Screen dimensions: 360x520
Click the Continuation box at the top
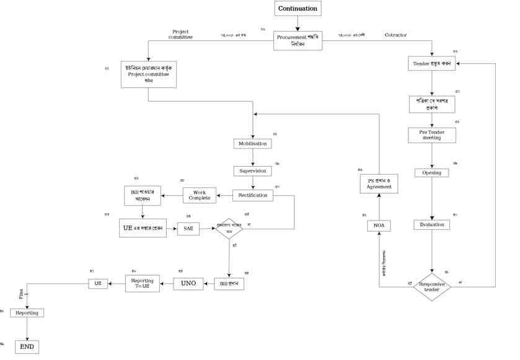297,9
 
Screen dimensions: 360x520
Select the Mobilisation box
252,144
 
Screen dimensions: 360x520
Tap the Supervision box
252,170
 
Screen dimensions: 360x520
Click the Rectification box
253,195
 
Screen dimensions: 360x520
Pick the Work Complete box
199,195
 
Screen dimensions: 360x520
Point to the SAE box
188,228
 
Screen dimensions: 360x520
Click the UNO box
188,284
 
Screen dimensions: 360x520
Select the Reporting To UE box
143,284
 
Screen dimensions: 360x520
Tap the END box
27,346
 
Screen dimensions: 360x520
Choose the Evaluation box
431,224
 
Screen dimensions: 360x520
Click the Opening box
431,173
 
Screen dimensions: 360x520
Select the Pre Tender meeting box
431,134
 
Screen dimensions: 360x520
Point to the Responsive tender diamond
431,286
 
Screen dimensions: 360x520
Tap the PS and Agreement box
378,183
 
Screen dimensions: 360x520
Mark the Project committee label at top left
181,34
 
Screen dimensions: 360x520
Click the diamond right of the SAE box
229,228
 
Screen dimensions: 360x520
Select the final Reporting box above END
27,313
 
